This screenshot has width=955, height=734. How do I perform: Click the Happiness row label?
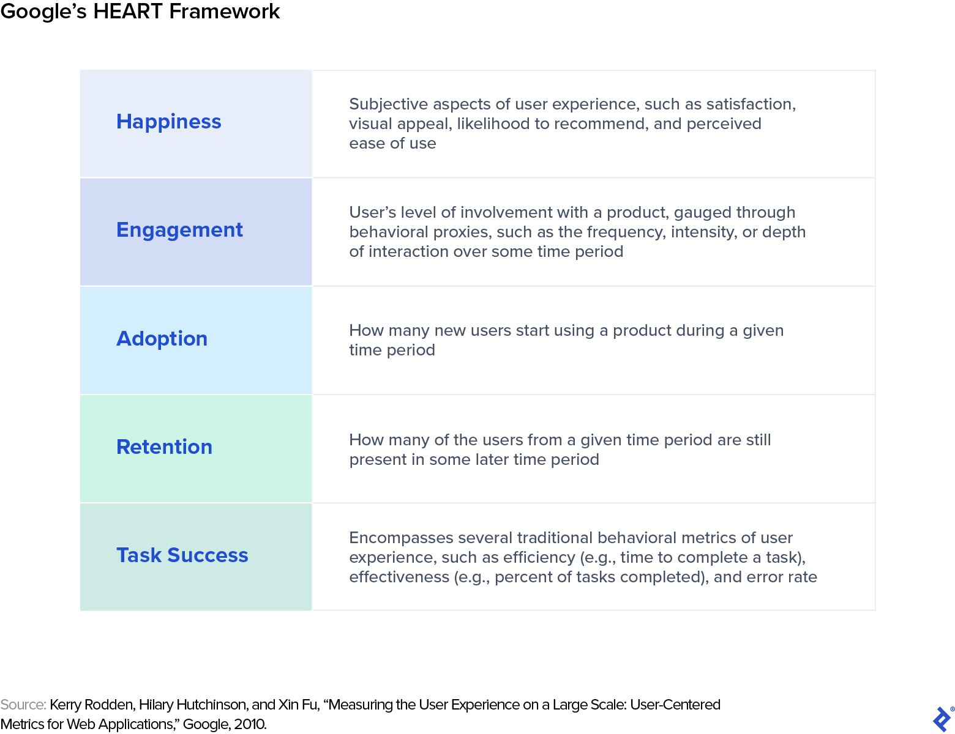coord(169,122)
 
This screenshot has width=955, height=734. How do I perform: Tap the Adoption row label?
coord(162,339)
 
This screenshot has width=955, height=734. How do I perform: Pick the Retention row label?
coord(164,447)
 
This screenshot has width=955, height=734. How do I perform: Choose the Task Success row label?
coord(182,555)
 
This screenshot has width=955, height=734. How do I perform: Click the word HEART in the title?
coord(129,12)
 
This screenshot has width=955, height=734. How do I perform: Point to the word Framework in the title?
coord(225,12)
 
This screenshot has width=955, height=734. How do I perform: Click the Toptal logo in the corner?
coord(942,719)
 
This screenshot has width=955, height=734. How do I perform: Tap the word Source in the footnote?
coord(23,705)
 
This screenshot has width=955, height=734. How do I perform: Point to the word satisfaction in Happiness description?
coord(751,105)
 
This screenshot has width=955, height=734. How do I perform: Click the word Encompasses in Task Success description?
coord(401,538)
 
